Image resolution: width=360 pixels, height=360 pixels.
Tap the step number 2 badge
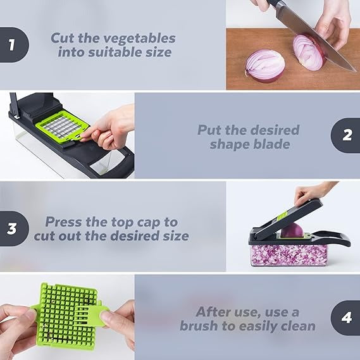click(346, 136)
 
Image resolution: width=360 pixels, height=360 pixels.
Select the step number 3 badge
click(12, 229)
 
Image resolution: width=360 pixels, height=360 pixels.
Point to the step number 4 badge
click(346, 318)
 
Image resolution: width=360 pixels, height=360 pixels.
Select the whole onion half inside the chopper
click(292, 231)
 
